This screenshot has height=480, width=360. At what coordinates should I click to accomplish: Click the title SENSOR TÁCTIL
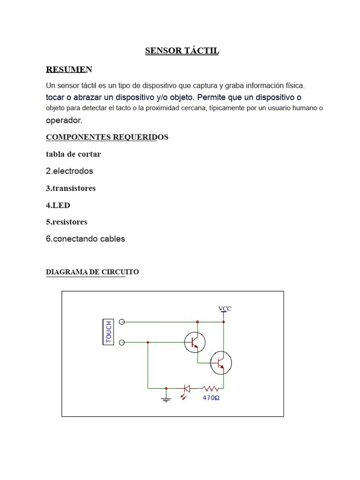point(182,51)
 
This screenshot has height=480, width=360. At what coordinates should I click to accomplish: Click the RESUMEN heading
point(69,69)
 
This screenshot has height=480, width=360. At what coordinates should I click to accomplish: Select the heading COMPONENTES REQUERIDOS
point(107,137)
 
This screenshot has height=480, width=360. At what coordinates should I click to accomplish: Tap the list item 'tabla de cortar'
point(73,154)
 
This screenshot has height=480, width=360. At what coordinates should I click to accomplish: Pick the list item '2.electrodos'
point(69,171)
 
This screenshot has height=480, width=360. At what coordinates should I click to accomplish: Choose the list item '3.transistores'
point(71,188)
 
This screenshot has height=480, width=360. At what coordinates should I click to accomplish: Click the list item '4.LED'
point(58,205)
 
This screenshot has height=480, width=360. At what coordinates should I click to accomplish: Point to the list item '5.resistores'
point(67,222)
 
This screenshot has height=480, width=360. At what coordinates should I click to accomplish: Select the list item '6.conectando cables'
point(85,239)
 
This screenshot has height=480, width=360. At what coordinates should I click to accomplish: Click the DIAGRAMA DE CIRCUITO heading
point(92,272)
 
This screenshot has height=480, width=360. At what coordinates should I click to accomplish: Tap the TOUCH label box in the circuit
point(108,332)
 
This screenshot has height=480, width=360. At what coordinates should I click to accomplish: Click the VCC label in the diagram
point(225,308)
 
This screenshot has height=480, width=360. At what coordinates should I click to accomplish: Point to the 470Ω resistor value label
point(211,397)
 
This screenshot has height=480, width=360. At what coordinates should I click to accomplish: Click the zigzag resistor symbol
point(211,388)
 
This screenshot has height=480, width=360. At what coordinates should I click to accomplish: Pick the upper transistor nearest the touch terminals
point(194,342)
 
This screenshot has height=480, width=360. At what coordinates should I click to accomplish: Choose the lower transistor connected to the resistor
point(220,362)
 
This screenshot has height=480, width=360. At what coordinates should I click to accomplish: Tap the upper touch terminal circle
point(122,322)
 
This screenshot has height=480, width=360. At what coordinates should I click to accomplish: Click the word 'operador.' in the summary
point(64,120)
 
